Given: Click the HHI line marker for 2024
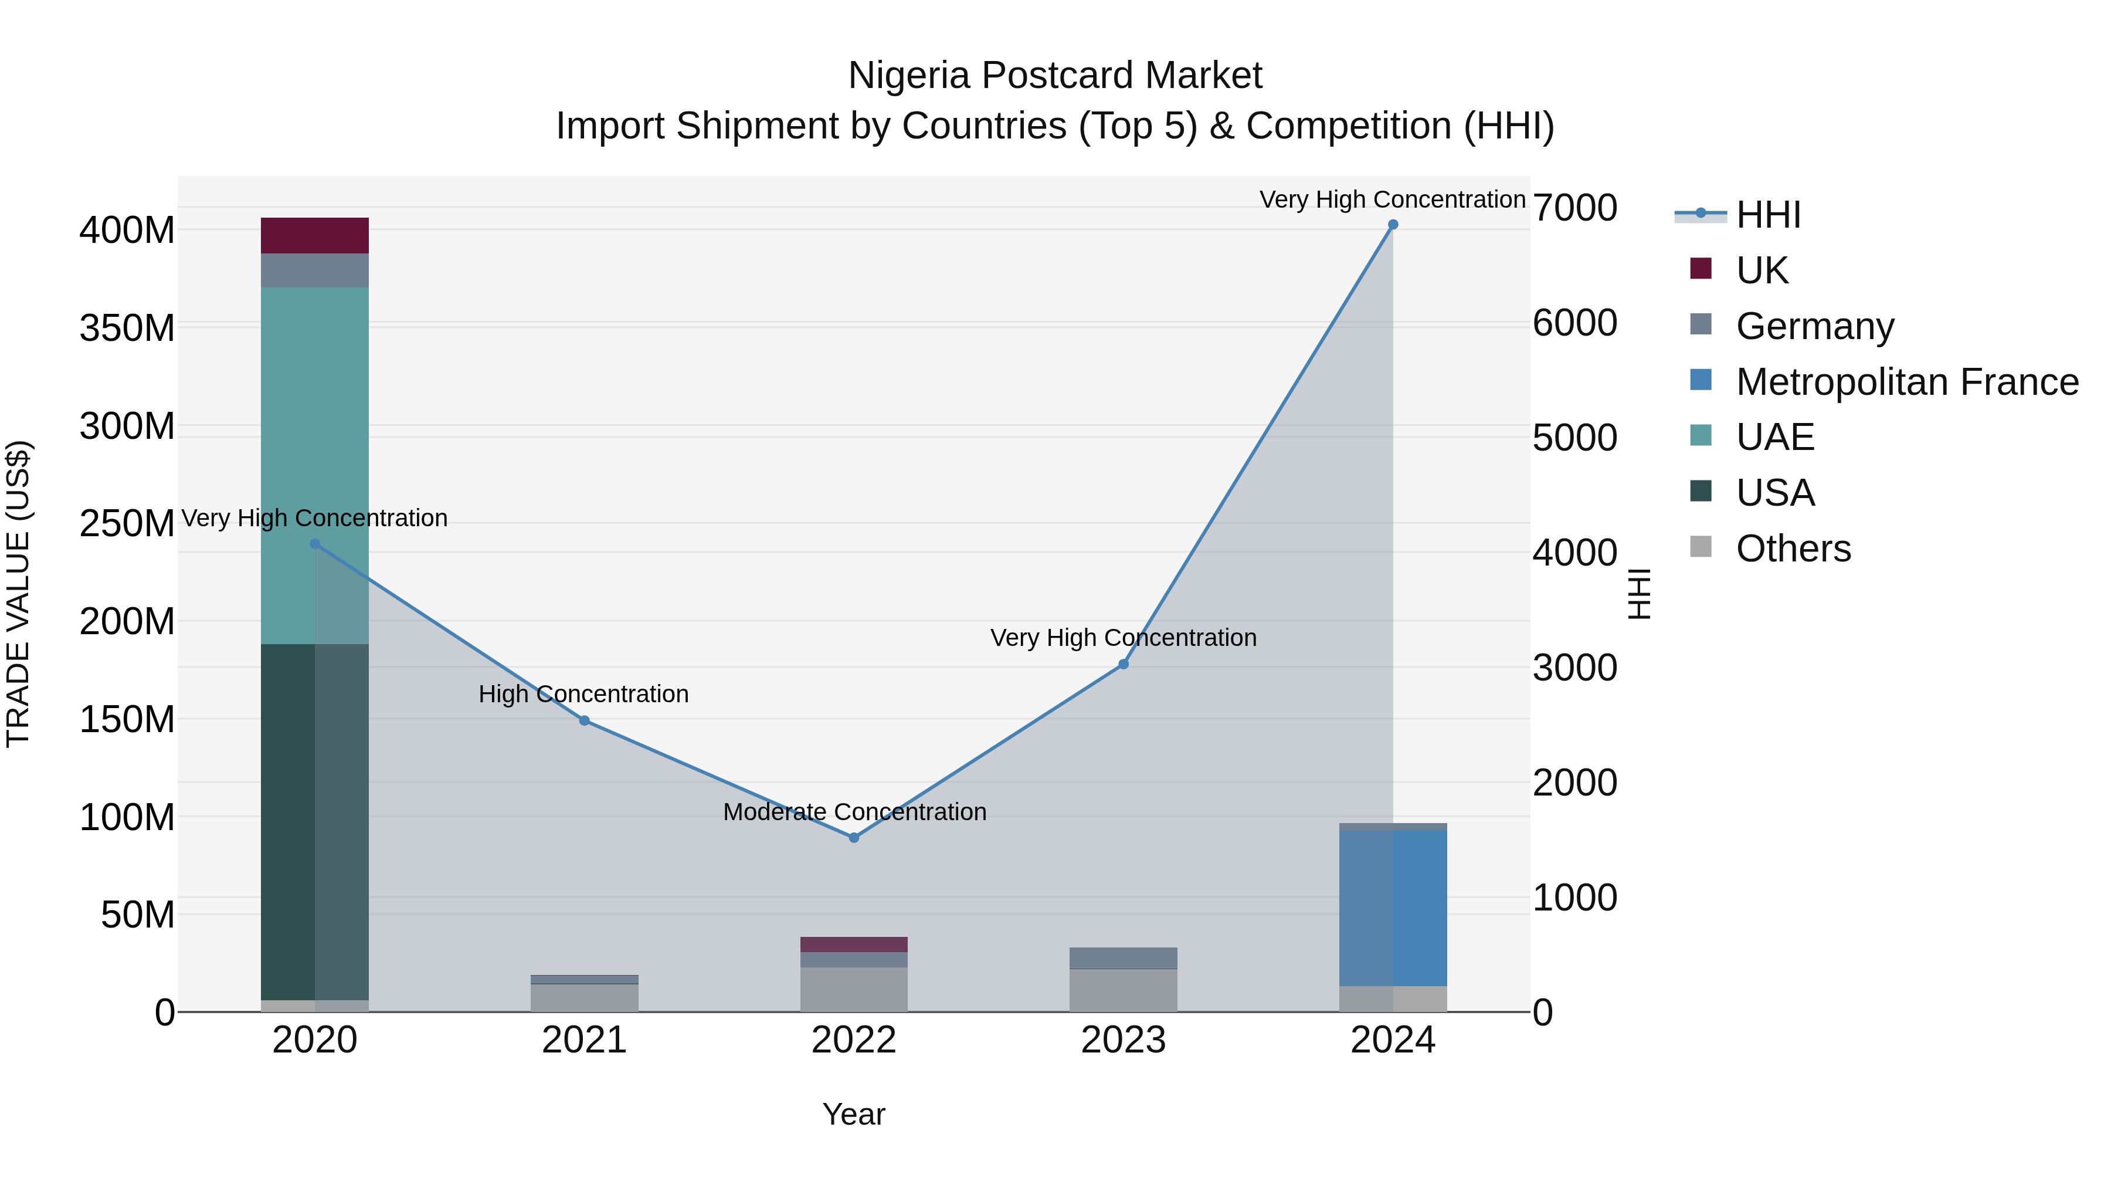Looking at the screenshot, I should coord(1392,225).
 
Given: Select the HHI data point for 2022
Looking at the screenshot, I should coord(853,837).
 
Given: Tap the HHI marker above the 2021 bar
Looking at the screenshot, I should coord(584,720).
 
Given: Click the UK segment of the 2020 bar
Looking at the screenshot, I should coord(315,235).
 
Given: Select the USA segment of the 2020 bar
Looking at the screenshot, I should coord(315,821).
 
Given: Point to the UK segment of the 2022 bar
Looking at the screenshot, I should coord(853,944).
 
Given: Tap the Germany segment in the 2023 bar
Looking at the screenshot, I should coord(1123,957).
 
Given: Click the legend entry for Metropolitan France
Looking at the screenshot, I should coord(1906,382).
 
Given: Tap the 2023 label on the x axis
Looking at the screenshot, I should coord(1123,1040).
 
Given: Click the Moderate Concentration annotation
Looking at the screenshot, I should coord(854,812).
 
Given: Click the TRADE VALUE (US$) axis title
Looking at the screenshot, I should coord(18,594).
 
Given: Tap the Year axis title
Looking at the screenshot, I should coord(853,1114).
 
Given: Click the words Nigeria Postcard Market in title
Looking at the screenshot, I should coord(1055,76).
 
